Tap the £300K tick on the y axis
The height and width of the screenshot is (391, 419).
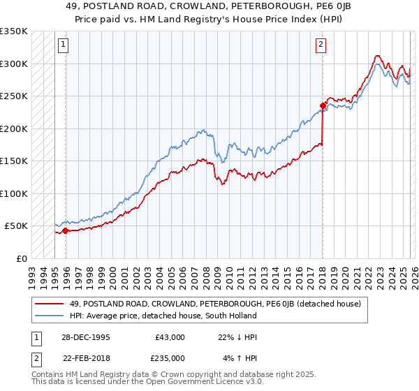[x=14, y=64]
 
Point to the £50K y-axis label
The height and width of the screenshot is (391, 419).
[x=16, y=226]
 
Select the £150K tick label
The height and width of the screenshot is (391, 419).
[x=14, y=161]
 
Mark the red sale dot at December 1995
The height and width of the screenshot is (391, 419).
[x=66, y=230]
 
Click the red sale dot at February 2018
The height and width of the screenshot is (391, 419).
[x=323, y=106]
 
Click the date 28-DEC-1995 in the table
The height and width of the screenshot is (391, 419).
[x=89, y=337]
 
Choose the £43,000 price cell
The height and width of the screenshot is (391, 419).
[x=170, y=337]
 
